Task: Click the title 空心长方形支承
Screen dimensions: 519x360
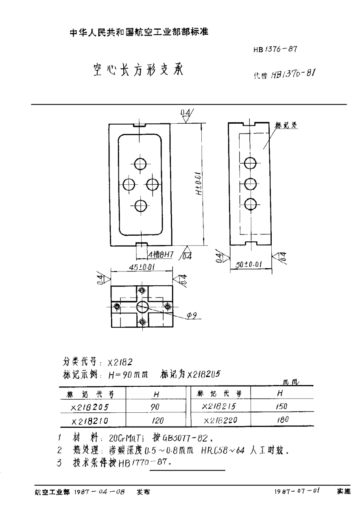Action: (137, 70)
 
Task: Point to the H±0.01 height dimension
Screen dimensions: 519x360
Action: (199, 184)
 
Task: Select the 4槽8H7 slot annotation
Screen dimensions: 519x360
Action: (160, 255)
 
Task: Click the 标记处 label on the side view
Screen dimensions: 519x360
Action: (287, 125)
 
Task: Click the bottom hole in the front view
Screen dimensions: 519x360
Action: (140, 206)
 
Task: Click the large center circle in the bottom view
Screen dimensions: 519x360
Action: (142, 306)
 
